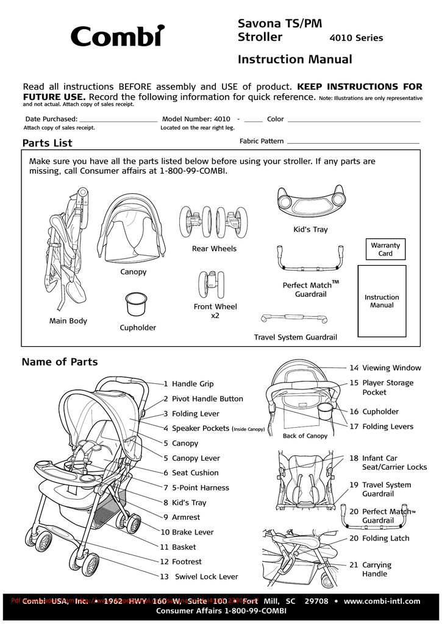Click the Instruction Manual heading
pyautogui.click(x=294, y=59)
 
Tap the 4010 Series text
pyautogui.click(x=356, y=38)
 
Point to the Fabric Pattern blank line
pyautogui.click(x=353, y=143)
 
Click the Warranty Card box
pyautogui.click(x=385, y=249)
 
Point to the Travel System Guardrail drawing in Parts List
pyautogui.click(x=294, y=319)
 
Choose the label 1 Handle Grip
pyautogui.click(x=188, y=384)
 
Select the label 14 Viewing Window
pyautogui.click(x=385, y=368)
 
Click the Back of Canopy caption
pyautogui.click(x=305, y=436)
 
